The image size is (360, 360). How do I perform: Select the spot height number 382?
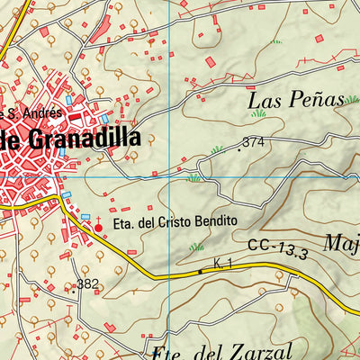click(x=87, y=284)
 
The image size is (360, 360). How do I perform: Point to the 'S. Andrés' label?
click(x=34, y=113)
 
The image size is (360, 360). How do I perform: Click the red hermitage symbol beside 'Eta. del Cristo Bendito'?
click(x=98, y=229)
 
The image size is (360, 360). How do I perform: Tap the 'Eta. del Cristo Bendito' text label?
click(x=175, y=220)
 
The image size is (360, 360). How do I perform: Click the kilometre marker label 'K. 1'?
click(x=223, y=264)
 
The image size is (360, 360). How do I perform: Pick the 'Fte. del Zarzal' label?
click(x=211, y=350)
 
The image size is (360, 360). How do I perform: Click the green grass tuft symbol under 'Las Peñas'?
click(x=259, y=114)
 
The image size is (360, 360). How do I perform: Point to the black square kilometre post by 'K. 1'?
click(x=200, y=271)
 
